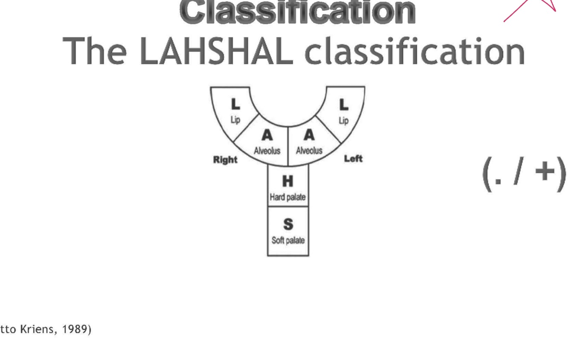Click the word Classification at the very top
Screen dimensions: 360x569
[x=297, y=12]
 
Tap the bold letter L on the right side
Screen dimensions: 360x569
[x=343, y=104]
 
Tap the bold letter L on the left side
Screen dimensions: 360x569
[x=235, y=104]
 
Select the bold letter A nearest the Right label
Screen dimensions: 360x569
[x=267, y=135]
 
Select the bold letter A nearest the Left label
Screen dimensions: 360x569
[x=309, y=135]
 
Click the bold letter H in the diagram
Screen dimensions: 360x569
[x=288, y=181]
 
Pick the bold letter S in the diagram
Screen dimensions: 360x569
[x=288, y=224]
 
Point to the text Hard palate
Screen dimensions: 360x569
[x=288, y=197]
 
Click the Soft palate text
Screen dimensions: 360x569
[x=288, y=241]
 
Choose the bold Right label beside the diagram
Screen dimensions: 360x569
[x=225, y=160]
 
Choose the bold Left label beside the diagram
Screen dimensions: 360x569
[x=353, y=159]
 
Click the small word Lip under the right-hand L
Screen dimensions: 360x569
[x=343, y=121]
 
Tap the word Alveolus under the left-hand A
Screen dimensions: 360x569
[x=267, y=151]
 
